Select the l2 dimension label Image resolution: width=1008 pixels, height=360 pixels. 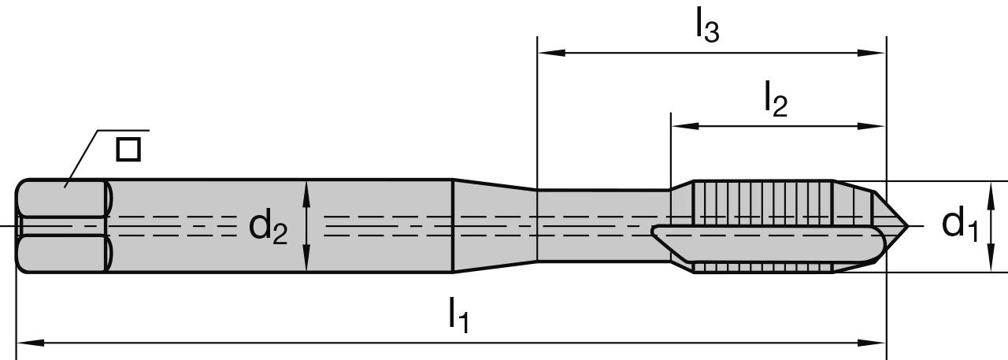click(775, 99)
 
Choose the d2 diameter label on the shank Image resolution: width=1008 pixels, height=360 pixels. click(269, 227)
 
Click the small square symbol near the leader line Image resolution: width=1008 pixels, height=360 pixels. click(128, 149)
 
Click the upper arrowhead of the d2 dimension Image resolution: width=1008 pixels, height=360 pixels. click(306, 187)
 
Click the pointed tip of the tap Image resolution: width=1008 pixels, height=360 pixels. click(908, 227)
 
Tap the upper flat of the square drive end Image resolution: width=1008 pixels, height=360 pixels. click(63, 198)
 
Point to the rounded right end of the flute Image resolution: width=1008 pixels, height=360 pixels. click(876, 246)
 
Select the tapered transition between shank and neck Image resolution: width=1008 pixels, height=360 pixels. click(495, 226)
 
